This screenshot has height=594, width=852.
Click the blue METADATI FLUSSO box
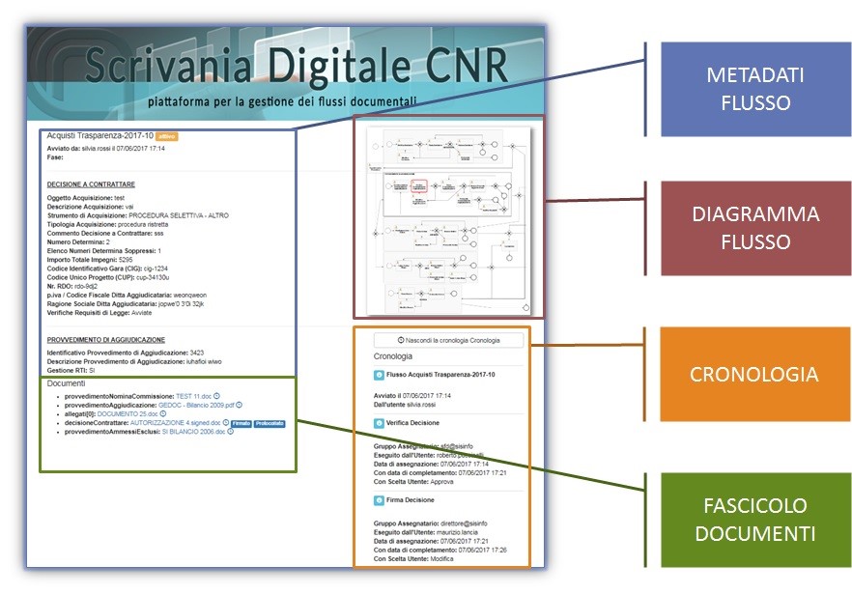pyautogui.click(x=756, y=88)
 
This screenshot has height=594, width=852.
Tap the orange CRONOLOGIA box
pyautogui.click(x=756, y=374)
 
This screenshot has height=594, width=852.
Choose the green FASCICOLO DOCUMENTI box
pyautogui.click(x=756, y=521)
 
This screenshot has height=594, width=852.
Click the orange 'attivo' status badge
pyautogui.click(x=166, y=136)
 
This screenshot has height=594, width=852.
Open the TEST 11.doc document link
pyautogui.click(x=193, y=396)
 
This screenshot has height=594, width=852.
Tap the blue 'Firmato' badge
pyautogui.click(x=241, y=423)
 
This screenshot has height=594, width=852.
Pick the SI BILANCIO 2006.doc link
pyautogui.click(x=193, y=432)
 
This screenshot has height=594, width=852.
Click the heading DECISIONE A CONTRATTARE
pyautogui.click(x=91, y=184)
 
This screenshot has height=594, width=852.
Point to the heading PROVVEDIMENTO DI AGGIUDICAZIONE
pyautogui.click(x=106, y=340)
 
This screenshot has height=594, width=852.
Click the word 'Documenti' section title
pyautogui.click(x=66, y=383)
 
